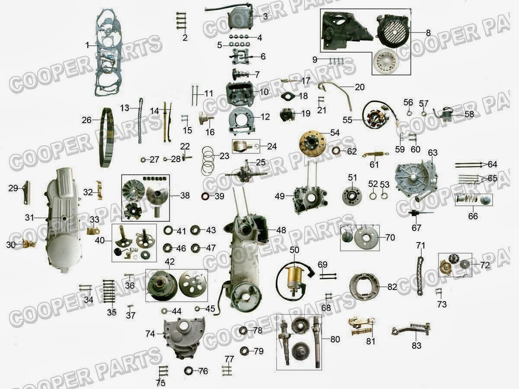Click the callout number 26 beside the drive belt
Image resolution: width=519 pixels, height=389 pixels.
(x=86, y=120)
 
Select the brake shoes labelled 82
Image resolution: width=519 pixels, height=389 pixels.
(x=364, y=287)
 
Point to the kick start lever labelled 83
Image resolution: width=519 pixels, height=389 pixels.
(x=411, y=329)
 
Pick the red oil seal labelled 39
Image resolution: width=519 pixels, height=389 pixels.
(x=205, y=196)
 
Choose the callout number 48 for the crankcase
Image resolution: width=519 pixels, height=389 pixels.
(x=281, y=230)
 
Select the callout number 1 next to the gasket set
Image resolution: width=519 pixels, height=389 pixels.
(x=87, y=45)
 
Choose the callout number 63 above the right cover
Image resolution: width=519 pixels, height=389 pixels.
(x=432, y=153)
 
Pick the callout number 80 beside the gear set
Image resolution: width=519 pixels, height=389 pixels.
(x=335, y=339)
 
